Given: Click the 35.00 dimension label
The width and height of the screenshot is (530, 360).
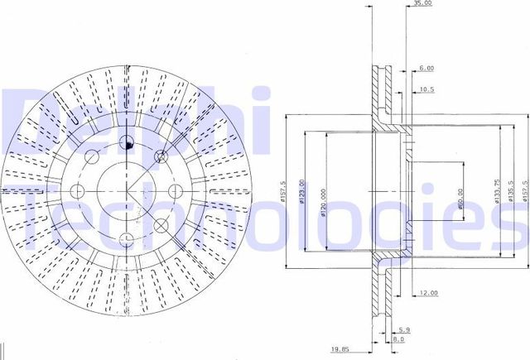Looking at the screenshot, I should click(421, 5).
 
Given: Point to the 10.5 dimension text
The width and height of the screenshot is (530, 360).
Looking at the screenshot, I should click(427, 89).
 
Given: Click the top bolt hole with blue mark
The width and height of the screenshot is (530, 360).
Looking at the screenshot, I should click(127, 142).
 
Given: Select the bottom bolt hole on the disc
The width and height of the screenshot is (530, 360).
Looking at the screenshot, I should click(126, 240).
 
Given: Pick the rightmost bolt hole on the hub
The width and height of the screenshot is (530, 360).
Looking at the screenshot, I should click(176, 190).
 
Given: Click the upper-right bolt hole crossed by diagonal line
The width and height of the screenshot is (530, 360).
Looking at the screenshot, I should click(162, 156).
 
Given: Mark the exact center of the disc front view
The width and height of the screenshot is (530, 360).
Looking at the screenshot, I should click(127, 190).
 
